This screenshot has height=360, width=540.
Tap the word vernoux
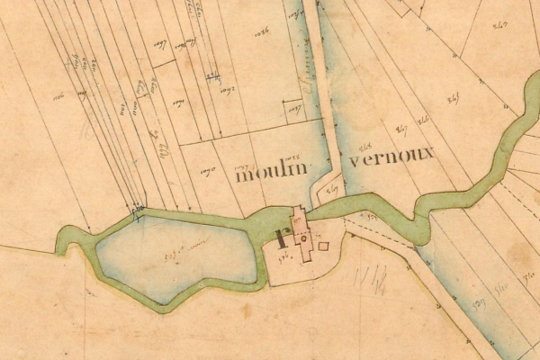pyautogui.click(x=392, y=155)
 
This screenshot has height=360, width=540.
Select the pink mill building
pyautogui.click(x=302, y=236)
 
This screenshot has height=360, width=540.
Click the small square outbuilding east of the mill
pyautogui.click(x=324, y=245)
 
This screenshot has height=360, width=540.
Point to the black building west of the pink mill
pyautogui.click(x=282, y=239)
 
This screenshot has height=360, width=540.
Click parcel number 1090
pyautogui.click(x=207, y=168)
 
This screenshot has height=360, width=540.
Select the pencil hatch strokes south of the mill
pyautogui.click(x=374, y=277)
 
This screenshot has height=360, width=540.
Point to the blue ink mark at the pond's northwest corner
pyautogui.click(x=137, y=211)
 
